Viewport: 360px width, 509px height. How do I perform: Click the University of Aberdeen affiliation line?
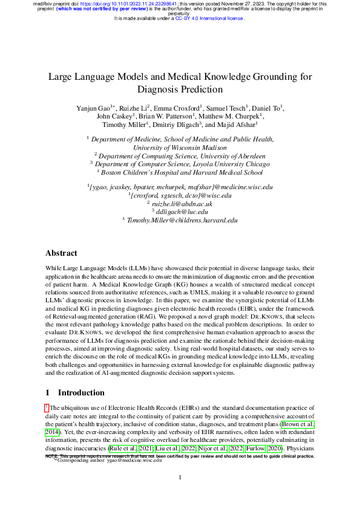183,155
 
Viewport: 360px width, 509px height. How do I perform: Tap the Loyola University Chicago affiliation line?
183,163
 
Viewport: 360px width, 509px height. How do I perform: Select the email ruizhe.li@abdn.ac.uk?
182,204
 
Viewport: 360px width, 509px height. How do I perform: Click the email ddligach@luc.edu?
182,212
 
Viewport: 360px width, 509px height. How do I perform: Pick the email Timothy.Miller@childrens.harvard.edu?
182,221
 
